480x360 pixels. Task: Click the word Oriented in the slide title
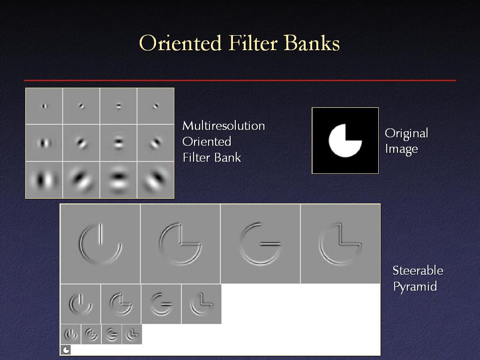[180, 43]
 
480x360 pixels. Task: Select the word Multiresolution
[224, 126]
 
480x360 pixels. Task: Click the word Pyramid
[415, 287]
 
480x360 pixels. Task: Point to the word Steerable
[418, 270]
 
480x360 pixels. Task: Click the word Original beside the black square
[406, 134]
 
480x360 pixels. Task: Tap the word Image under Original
[401, 149]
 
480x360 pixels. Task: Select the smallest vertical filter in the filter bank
[45, 106]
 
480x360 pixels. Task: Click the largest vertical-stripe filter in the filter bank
[44, 180]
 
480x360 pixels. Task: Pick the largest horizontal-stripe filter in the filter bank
[119, 180]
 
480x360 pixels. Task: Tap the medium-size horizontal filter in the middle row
[119, 142]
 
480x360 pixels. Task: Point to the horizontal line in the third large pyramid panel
[270, 244]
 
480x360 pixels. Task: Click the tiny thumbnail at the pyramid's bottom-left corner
[66, 350]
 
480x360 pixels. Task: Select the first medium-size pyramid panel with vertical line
[81, 304]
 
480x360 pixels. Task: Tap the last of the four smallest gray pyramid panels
[132, 334]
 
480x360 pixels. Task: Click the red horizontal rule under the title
[240, 81]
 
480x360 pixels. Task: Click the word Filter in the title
[253, 43]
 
